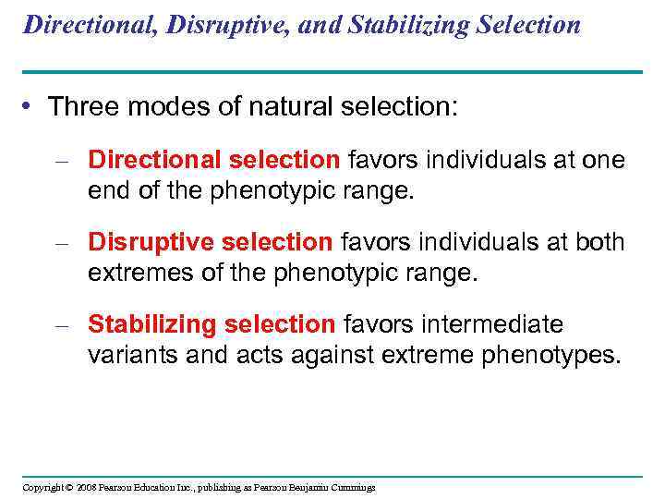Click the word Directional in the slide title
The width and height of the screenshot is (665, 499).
(x=86, y=25)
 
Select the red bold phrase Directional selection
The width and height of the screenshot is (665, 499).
(x=214, y=160)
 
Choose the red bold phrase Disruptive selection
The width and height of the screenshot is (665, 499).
(x=210, y=242)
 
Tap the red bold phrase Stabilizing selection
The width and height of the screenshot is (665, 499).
(x=212, y=324)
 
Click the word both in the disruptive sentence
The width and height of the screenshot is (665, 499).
(x=601, y=242)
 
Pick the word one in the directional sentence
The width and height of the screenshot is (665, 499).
(x=604, y=160)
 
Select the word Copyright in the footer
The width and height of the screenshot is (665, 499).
(x=43, y=487)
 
